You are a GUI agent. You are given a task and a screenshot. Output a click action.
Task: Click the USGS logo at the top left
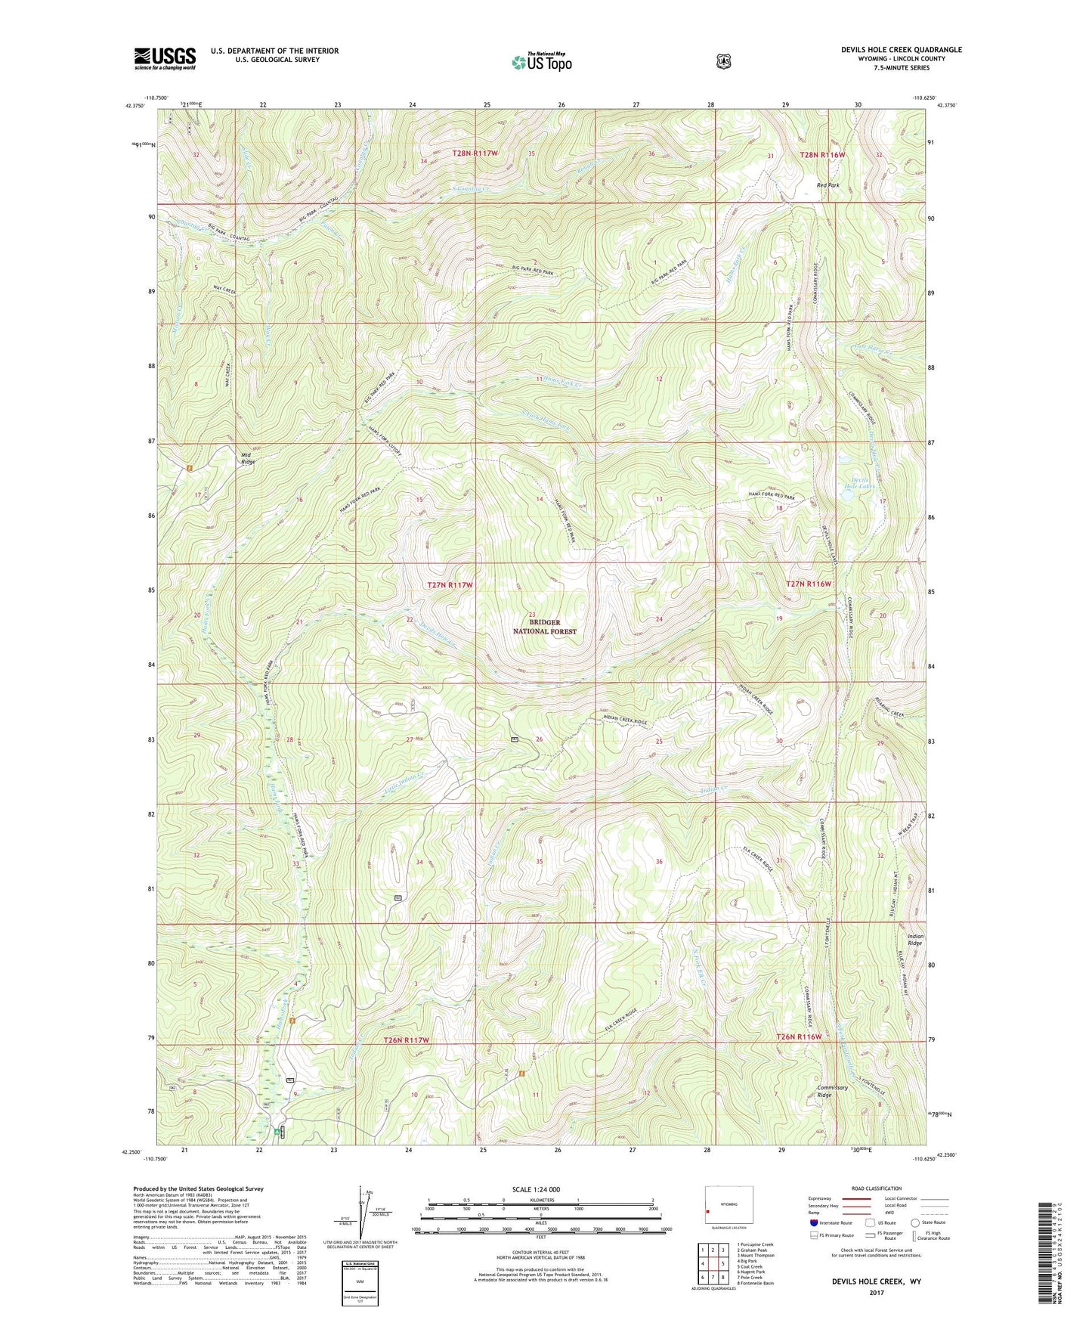click(x=165, y=58)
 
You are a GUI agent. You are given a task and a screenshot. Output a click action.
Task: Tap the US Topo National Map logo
click(x=540, y=61)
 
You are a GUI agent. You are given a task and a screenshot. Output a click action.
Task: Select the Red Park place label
click(x=828, y=185)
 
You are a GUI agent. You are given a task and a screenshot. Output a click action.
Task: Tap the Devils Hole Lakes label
click(x=861, y=482)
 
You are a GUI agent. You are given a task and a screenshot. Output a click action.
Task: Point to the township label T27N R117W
click(x=450, y=585)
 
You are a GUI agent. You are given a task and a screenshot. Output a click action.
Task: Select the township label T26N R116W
click(x=799, y=1036)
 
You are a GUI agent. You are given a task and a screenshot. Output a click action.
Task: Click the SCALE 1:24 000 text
click(x=536, y=1189)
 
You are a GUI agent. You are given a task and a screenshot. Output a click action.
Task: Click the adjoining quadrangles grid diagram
click(x=710, y=1272)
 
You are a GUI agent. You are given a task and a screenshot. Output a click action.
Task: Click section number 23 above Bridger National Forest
click(x=532, y=615)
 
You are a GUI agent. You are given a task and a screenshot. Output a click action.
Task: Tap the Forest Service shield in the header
click(x=723, y=60)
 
